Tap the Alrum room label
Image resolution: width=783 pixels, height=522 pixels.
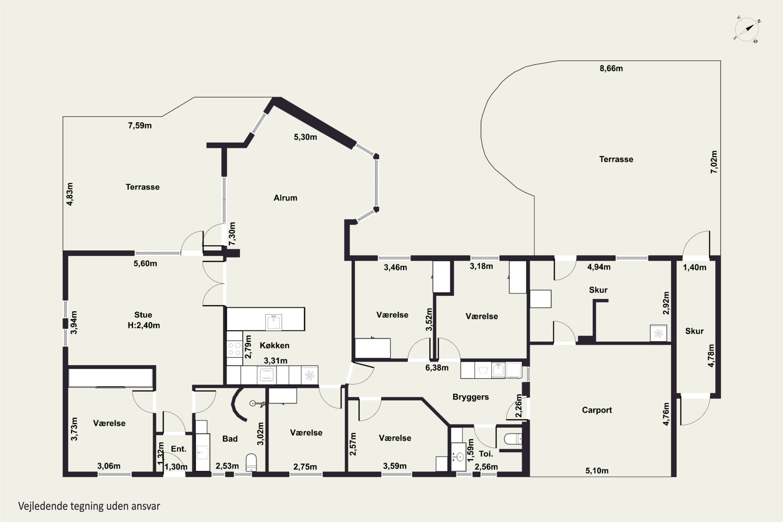[285, 198]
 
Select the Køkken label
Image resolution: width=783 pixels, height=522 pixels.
[275, 345]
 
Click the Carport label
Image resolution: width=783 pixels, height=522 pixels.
[597, 410]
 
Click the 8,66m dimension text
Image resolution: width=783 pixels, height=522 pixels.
[611, 68]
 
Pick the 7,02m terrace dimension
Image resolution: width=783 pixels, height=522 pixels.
[714, 162]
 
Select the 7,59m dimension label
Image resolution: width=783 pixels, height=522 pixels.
[140, 126]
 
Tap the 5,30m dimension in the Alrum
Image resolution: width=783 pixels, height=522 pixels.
[305, 137]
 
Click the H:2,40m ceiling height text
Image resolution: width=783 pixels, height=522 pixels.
[144, 325]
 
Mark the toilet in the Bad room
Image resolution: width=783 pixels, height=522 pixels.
[251, 462]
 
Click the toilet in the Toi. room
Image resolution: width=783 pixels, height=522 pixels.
[513, 439]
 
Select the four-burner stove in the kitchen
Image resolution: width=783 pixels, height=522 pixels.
[234, 348]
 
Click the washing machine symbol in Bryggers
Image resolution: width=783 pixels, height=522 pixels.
[483, 370]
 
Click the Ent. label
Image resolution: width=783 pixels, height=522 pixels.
[179, 449]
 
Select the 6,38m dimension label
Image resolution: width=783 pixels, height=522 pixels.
[437, 367]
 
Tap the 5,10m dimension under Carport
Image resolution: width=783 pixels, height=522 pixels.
[597, 471]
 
